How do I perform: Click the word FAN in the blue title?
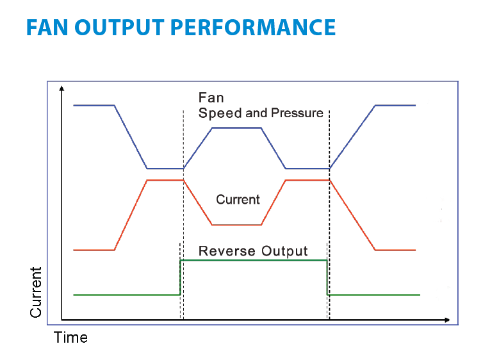[47, 28]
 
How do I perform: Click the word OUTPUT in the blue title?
[119, 28]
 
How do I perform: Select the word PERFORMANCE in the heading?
[253, 28]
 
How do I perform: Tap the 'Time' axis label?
[70, 338]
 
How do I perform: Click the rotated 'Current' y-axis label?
[36, 292]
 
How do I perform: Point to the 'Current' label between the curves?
[238, 200]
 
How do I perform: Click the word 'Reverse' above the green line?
[227, 251]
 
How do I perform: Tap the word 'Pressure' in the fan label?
[297, 113]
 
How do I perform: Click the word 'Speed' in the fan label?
[220, 113]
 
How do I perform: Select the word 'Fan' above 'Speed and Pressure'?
[211, 98]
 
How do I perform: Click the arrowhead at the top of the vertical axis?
[61, 88]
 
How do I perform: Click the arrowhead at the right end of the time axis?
[447, 320]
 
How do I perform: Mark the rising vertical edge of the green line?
[180, 277]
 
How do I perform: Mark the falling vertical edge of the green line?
[327, 277]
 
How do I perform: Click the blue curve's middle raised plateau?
[236, 127]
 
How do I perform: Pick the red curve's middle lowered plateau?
[236, 225]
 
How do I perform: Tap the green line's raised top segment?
[254, 260]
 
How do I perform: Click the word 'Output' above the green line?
[284, 252]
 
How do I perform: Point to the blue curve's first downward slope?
[131, 137]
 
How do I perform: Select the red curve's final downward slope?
[352, 215]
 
